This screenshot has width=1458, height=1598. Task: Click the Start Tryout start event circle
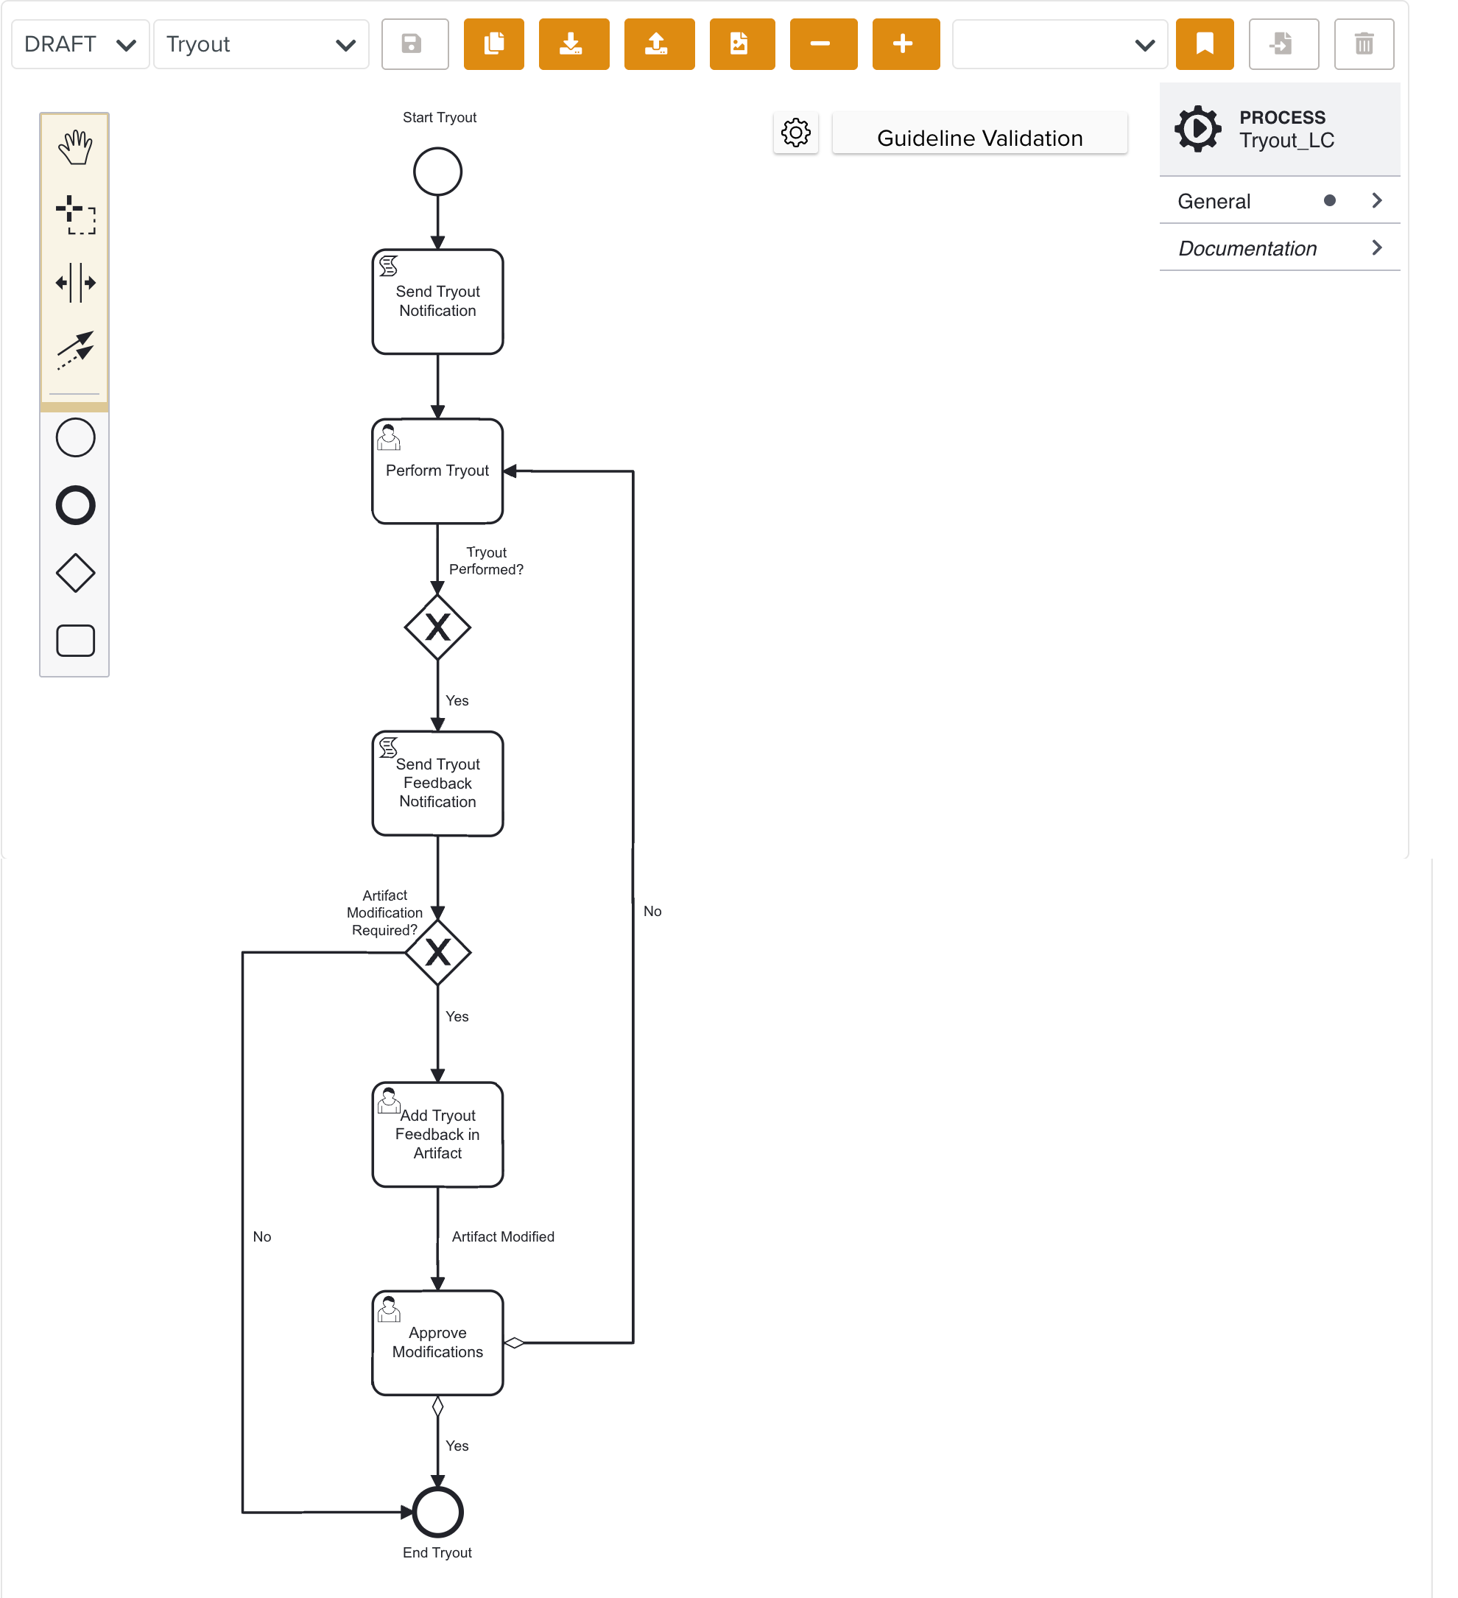(437, 171)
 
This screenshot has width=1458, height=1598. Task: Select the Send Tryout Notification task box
(437, 302)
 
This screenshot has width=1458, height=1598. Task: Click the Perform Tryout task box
(437, 471)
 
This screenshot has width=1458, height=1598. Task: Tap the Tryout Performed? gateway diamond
(437, 627)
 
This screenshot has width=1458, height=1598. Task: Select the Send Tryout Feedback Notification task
(437, 783)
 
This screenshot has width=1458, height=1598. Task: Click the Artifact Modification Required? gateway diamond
(437, 952)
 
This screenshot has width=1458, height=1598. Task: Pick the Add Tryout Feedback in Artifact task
(437, 1134)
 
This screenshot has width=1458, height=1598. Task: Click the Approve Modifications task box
(437, 1342)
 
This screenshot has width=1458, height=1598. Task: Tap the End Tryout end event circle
(437, 1512)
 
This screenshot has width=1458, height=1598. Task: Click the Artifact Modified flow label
(503, 1236)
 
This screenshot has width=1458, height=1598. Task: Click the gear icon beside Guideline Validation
(795, 133)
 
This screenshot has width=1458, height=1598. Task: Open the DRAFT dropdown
(80, 44)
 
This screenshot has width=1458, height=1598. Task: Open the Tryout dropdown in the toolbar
(261, 44)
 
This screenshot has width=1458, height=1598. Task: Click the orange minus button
(823, 44)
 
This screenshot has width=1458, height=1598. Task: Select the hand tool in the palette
(75, 147)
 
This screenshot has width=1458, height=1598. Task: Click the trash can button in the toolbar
(1363, 44)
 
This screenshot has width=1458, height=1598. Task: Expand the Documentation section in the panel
(1279, 248)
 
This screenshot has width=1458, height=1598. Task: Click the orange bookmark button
(1203, 44)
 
